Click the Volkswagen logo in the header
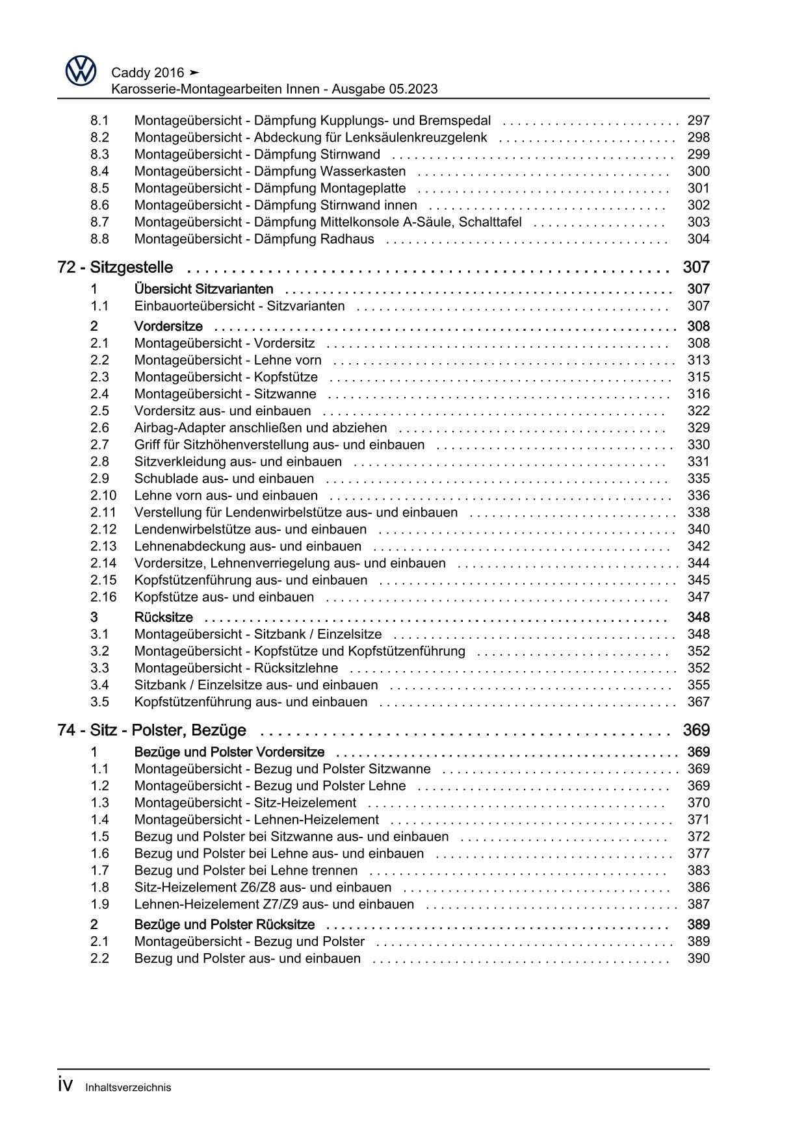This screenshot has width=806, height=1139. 81,71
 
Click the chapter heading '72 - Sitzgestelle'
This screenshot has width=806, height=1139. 115,267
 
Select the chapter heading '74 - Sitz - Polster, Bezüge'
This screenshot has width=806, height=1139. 151,730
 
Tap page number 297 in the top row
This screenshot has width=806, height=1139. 698,120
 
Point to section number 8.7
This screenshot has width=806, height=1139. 99,222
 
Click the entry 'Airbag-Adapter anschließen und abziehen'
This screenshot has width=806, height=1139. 260,428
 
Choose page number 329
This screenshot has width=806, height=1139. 698,428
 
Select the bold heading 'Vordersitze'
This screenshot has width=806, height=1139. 168,326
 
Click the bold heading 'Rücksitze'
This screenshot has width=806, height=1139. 163,617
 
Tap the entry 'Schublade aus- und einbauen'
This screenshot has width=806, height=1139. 224,478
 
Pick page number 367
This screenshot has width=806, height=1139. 698,702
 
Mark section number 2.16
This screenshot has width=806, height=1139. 103,596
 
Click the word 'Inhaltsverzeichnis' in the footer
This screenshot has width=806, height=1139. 128,1087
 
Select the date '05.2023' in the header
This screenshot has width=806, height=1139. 414,89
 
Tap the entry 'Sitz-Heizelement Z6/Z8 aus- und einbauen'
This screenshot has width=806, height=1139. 263,887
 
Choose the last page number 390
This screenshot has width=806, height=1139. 698,958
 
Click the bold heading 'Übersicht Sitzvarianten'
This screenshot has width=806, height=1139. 203,289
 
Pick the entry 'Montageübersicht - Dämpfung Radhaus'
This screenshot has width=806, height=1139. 253,238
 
